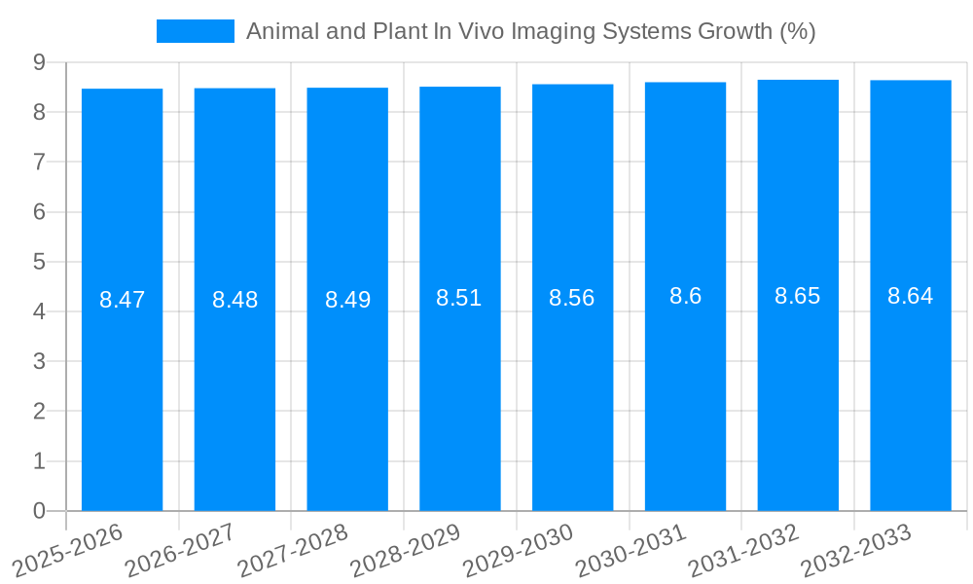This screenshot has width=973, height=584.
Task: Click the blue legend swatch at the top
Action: coord(195,31)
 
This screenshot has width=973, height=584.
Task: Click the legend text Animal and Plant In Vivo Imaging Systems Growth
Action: coord(530,31)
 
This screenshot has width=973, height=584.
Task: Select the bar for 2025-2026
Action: coord(122,389)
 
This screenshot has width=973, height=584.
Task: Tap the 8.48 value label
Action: coord(235,300)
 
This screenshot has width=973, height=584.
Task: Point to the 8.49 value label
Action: coord(347,300)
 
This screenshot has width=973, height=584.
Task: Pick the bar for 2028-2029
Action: coord(460,389)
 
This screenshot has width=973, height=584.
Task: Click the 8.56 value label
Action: coord(572,298)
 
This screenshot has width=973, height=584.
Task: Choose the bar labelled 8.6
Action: coord(685,389)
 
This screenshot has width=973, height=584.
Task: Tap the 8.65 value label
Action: coord(798,296)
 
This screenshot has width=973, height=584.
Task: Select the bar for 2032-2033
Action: coord(911,389)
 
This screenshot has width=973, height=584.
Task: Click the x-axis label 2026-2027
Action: coord(181,550)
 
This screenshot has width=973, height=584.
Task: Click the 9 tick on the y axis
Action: coord(39,62)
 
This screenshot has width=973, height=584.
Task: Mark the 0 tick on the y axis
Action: coord(39,511)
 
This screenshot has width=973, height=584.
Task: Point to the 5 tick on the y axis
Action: coord(39,262)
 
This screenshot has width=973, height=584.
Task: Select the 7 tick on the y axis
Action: coord(39,162)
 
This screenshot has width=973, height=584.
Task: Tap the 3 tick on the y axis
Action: coord(39,361)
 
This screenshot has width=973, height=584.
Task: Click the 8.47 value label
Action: coord(123,300)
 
